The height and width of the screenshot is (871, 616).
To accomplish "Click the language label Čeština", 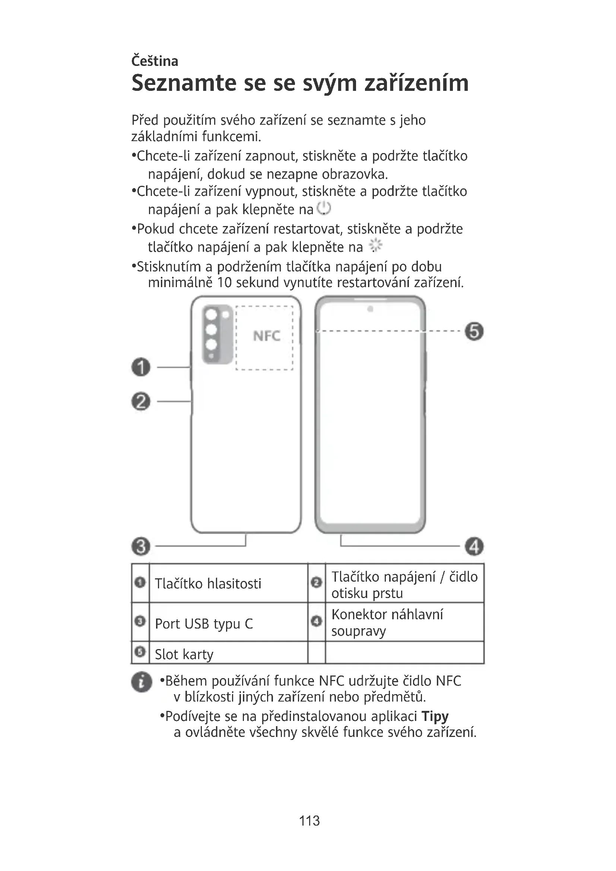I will point(155,61).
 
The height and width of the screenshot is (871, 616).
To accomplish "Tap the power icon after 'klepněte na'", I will point(324,208).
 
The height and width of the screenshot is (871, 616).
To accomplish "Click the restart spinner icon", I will point(375,246).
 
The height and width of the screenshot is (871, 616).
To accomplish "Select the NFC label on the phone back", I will point(266,336).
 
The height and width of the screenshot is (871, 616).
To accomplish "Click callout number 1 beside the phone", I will point(141,367).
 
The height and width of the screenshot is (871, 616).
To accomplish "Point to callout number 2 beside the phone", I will point(141,401).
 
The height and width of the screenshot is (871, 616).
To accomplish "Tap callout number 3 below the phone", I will point(141,547).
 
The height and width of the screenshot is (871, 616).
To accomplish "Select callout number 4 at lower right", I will point(474,547).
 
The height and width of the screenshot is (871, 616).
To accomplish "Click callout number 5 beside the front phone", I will point(474,331).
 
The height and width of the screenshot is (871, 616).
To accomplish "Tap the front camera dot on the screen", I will point(370,309).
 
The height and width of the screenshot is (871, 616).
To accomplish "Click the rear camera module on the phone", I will point(217,334).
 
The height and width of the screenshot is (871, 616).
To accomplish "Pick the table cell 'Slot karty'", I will point(184,654).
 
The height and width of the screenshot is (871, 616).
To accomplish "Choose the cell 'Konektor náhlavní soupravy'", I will point(387,623).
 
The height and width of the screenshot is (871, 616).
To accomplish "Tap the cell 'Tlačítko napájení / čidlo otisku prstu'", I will point(404,585).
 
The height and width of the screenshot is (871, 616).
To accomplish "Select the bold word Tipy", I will point(435,716).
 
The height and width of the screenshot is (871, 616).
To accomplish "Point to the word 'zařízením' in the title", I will point(416,83).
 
